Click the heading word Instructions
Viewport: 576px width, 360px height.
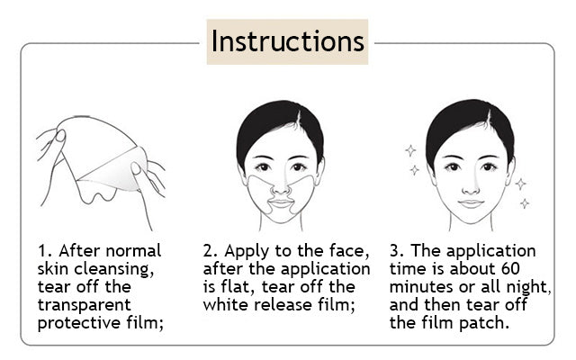click(x=287, y=41)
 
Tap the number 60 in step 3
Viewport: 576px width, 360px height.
click(x=510, y=268)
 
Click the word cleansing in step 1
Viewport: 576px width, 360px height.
click(x=114, y=270)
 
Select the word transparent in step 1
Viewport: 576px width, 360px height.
click(x=84, y=305)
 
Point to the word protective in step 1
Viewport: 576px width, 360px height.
click(x=79, y=323)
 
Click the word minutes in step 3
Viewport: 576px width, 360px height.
click(x=421, y=287)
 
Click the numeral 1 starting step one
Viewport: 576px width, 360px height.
click(x=42, y=251)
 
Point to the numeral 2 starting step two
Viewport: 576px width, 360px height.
click(x=209, y=251)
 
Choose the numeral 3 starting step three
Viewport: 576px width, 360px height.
click(x=395, y=251)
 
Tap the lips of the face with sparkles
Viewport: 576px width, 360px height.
click(x=471, y=203)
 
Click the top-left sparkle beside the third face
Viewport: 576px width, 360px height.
click(x=410, y=150)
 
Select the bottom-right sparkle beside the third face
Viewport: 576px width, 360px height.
click(x=525, y=203)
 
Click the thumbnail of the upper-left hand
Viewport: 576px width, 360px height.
click(x=60, y=136)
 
